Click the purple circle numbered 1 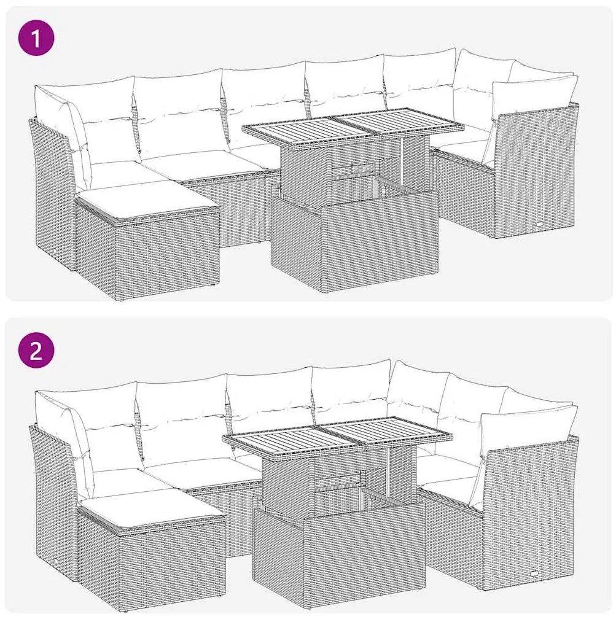tap(36, 39)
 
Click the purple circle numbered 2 tap(36, 350)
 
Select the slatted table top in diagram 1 tap(353, 126)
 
